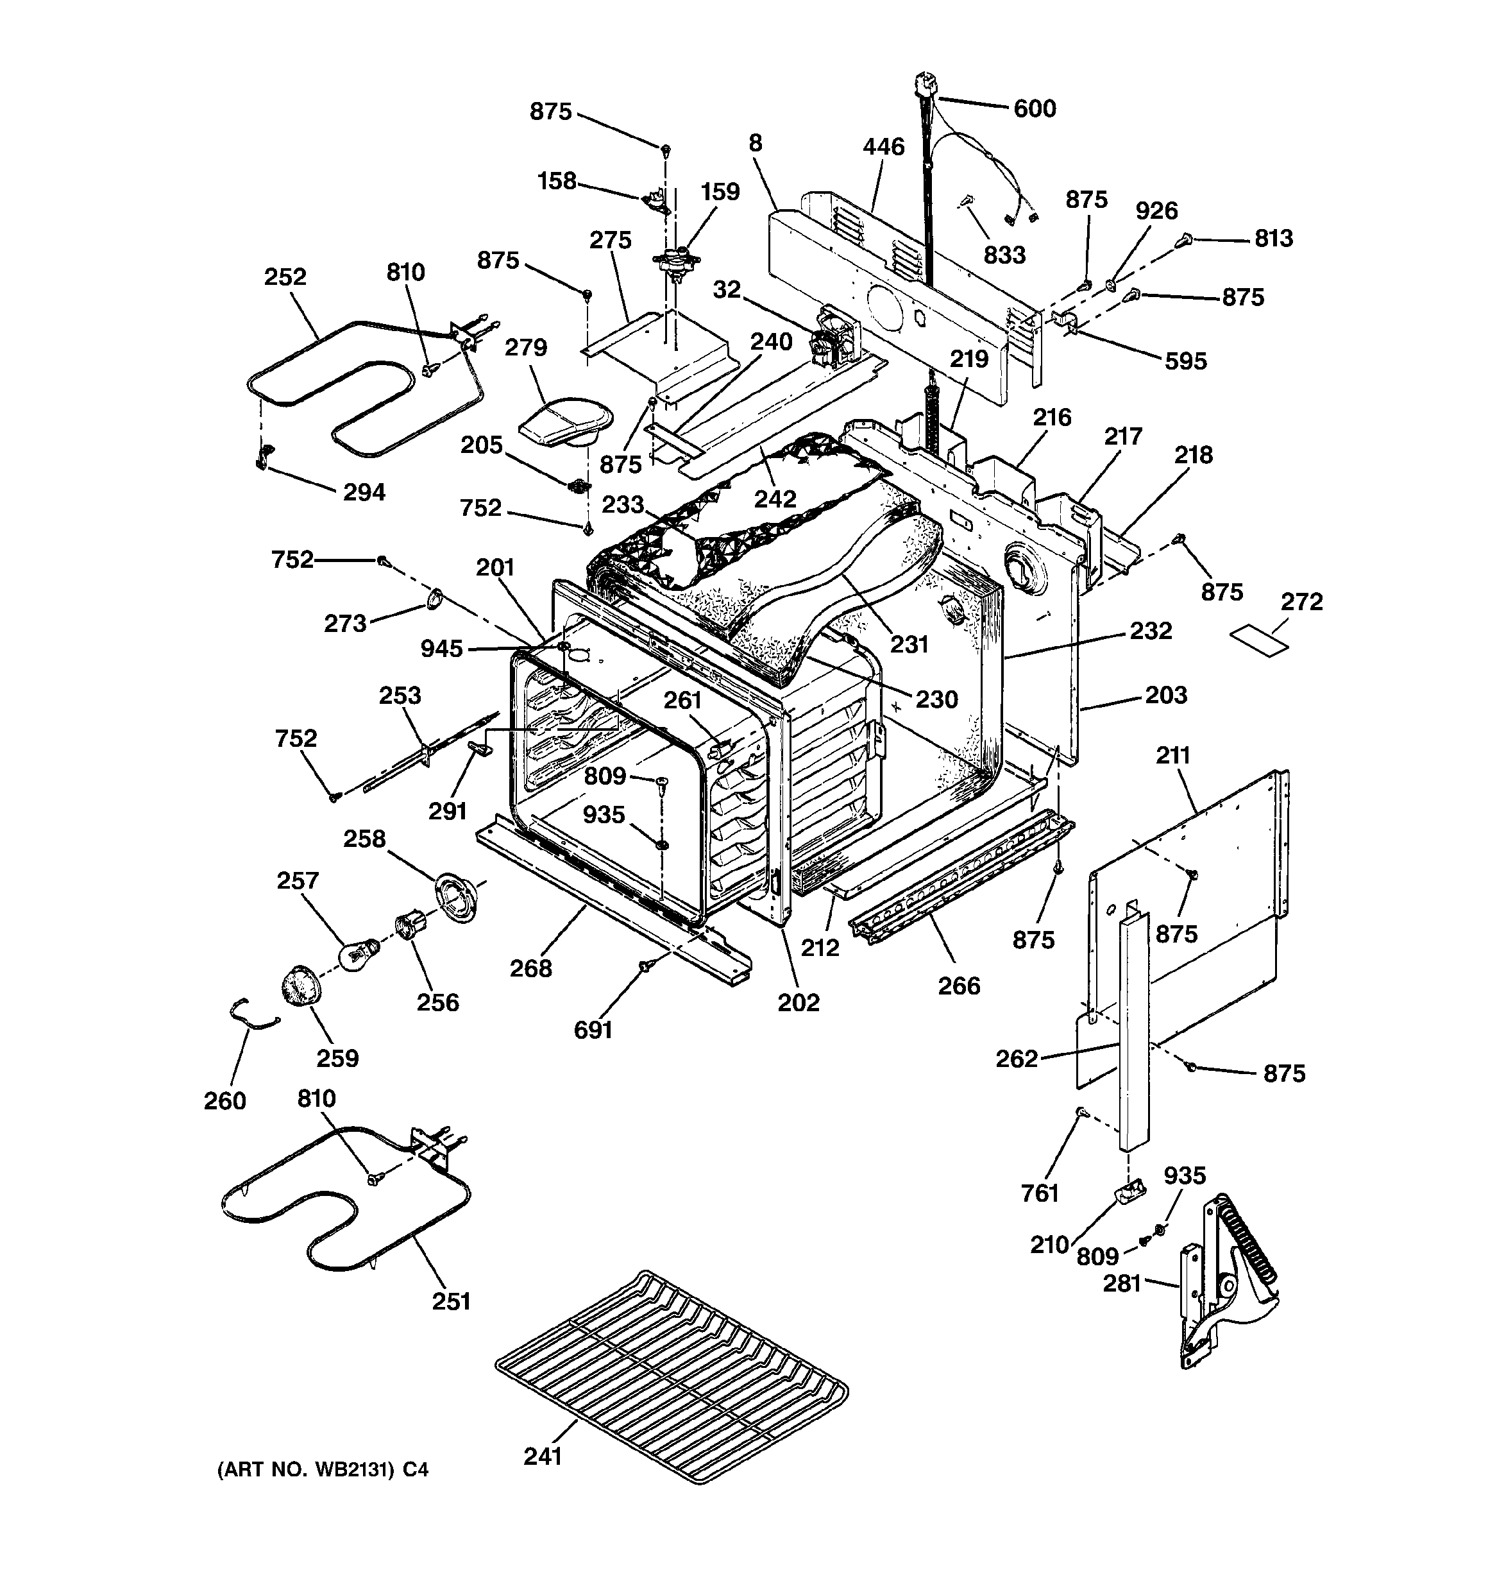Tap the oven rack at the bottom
(x=671, y=1374)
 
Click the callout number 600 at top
(x=1035, y=108)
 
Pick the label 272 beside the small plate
(x=1302, y=601)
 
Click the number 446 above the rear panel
(x=883, y=147)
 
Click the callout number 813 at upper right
(x=1273, y=238)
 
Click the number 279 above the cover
(x=525, y=348)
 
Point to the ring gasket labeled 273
(x=434, y=598)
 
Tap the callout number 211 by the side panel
(x=1172, y=755)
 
